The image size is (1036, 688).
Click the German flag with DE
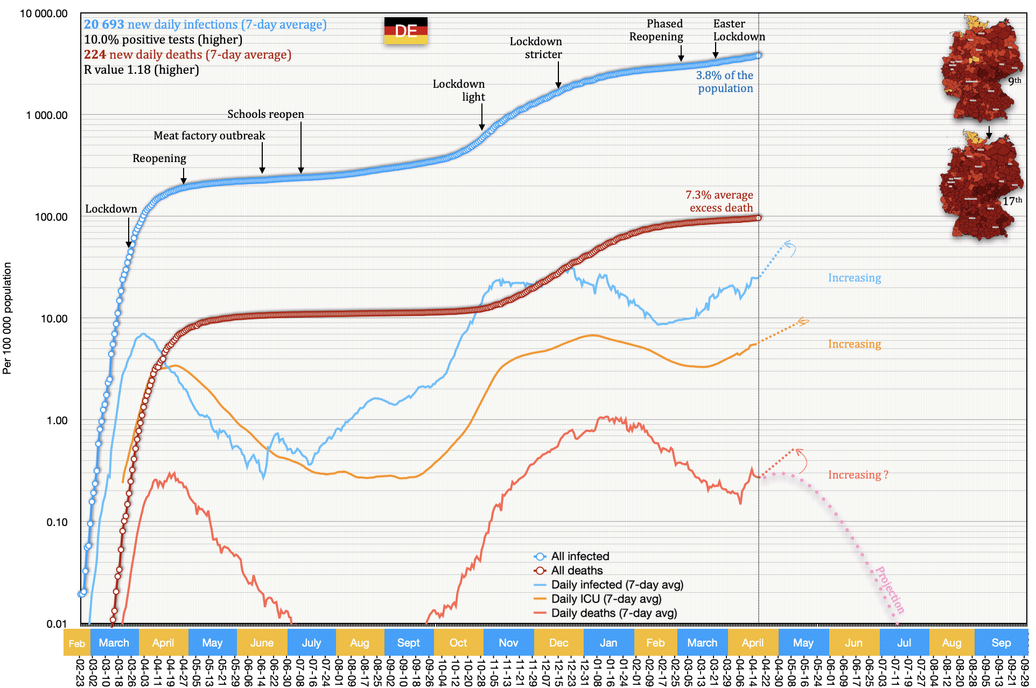pyautogui.click(x=405, y=30)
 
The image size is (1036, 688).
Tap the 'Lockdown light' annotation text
pyautogui.click(x=459, y=90)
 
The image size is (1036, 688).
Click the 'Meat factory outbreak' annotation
pyautogui.click(x=209, y=136)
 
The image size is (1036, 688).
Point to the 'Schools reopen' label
pyautogui.click(x=265, y=114)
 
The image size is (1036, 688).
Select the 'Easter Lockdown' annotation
pyautogui.click(x=738, y=30)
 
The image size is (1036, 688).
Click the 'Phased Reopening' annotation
pyautogui.click(x=656, y=30)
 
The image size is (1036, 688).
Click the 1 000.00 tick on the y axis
pyautogui.click(x=47, y=115)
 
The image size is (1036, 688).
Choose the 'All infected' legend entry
pyautogui.click(x=579, y=556)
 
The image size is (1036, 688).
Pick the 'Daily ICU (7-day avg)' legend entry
pyautogui.click(x=606, y=599)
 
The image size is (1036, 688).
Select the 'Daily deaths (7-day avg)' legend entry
pyautogui.click(x=613, y=613)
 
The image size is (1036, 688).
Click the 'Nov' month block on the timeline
pyautogui.click(x=508, y=643)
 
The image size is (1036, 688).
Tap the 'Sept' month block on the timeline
pyautogui.click(x=408, y=643)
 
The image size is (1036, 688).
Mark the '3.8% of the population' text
pyautogui.click(x=725, y=82)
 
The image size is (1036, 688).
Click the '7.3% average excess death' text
pyautogui.click(x=719, y=201)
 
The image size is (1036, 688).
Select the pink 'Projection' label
pyautogui.click(x=890, y=590)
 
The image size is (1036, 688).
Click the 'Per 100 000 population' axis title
pyautogui.click(x=7, y=318)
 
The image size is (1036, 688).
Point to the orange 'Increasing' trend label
pyautogui.click(x=854, y=344)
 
